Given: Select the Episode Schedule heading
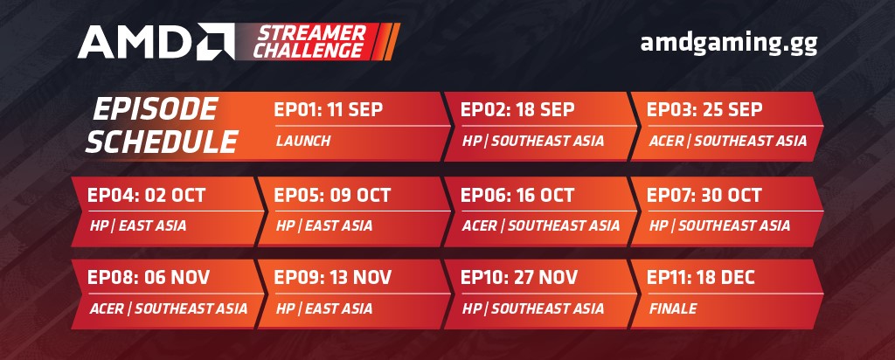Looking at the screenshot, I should tap(163, 124).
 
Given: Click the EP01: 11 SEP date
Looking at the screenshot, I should tap(329, 110).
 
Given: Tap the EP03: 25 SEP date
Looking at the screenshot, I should tap(704, 110).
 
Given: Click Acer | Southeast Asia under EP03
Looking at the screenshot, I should tap(727, 141).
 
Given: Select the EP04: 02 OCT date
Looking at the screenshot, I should tap(142, 195).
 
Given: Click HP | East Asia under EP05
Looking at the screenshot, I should tap(324, 225).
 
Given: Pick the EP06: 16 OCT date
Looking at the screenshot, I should tap(517, 195).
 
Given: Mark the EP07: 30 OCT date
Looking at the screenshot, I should tap(704, 195).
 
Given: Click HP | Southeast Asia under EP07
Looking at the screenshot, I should tap(720, 225).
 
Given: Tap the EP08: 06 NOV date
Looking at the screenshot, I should tap(143, 279).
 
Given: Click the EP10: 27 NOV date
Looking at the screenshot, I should tap(518, 279).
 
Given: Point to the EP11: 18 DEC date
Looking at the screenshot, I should tap(701, 279).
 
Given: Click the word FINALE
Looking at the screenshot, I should tap(673, 308).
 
